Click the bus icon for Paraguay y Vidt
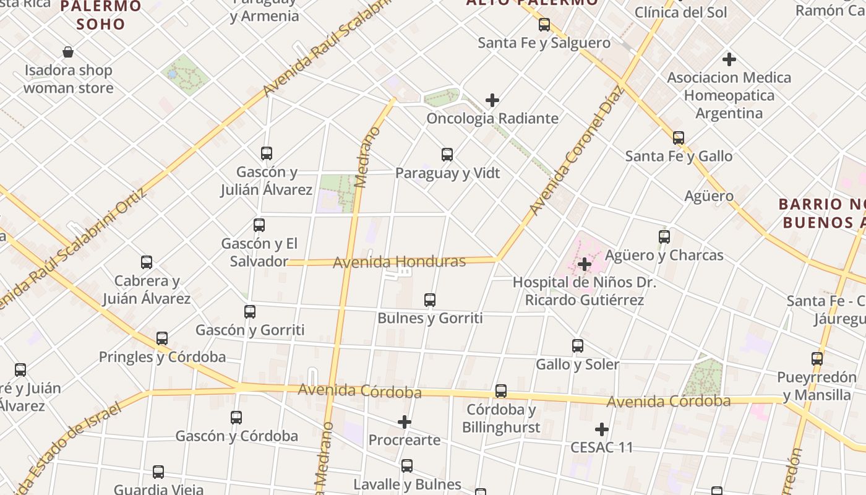[447, 155]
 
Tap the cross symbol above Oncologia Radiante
[492, 100]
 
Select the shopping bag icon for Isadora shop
[68, 52]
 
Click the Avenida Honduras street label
[399, 262]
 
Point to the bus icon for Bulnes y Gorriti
[430, 300]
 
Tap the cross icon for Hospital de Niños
[584, 265]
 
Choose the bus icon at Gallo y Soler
[578, 346]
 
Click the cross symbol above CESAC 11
[601, 429]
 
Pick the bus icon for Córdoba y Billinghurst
[501, 391]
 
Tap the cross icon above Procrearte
[405, 422]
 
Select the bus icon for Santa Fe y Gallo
[679, 138]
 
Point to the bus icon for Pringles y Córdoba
[162, 338]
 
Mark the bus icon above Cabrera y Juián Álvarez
[147, 262]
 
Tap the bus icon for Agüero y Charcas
[664, 236]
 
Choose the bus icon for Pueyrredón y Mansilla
[817, 359]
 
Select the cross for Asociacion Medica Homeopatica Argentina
[729, 59]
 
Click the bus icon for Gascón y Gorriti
[250, 312]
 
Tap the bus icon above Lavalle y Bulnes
[407, 466]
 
